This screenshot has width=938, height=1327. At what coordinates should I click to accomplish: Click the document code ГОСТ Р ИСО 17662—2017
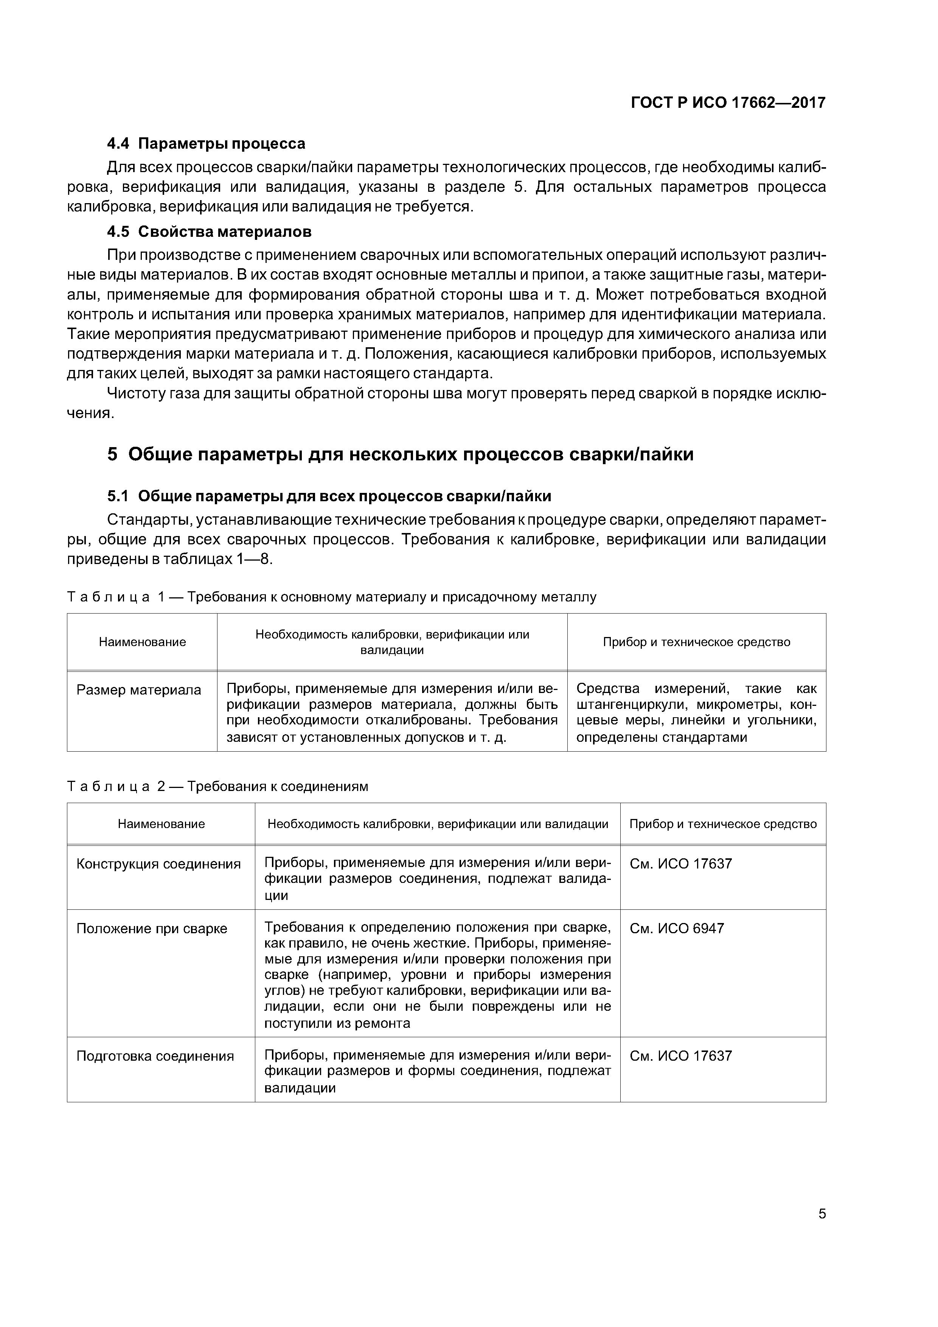point(728,103)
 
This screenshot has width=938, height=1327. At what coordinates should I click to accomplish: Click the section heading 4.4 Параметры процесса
point(207,143)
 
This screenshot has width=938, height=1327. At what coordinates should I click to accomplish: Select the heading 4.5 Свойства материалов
point(209,232)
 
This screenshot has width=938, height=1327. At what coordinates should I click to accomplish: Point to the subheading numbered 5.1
point(329,496)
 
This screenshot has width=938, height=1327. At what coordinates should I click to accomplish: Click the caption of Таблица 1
point(331,597)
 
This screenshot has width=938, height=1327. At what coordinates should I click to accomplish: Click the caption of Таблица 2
point(217,786)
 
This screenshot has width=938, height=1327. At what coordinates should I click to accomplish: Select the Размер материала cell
point(139,690)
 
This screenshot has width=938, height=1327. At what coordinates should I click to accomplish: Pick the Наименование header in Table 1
point(142,642)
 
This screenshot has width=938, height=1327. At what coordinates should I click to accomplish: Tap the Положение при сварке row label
point(152,929)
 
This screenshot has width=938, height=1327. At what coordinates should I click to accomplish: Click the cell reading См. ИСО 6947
point(676,929)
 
